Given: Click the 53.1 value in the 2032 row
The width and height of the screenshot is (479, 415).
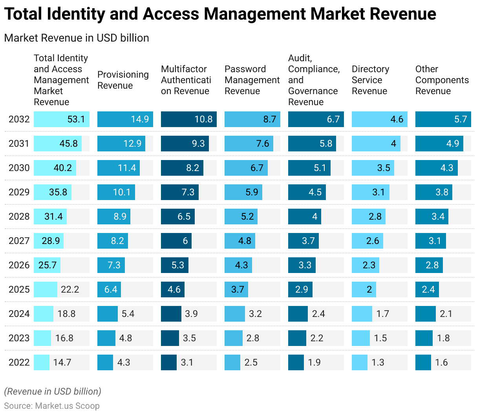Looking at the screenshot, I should click(76, 119).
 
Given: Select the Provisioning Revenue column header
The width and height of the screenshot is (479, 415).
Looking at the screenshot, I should click(123, 80).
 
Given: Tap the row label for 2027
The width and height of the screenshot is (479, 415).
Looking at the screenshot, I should click(19, 241).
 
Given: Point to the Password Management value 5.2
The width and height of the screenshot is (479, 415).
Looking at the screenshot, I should click(247, 217).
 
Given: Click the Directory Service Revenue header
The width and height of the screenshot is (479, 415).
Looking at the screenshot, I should click(370, 80).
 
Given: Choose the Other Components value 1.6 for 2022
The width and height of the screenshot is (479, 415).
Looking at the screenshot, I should click(441, 362).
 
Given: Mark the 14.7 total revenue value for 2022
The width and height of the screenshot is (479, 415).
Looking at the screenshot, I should click(62, 362).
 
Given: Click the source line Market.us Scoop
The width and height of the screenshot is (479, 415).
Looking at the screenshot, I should click(52, 406).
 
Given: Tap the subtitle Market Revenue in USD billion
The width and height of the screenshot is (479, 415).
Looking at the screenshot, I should click(77, 38).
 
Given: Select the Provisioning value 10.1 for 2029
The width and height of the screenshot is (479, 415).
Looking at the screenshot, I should click(122, 192).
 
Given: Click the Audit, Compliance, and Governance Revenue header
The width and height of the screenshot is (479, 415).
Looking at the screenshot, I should click(313, 80).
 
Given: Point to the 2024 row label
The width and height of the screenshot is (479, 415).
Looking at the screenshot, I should click(19, 314).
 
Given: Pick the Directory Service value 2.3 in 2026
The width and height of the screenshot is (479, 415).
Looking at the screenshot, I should click(369, 265).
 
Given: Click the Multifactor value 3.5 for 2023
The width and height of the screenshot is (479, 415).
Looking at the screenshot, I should click(189, 338).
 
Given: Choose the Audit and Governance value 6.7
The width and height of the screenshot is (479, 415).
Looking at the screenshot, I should click(333, 119).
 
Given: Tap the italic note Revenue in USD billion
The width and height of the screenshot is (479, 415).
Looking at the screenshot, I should click(53, 391).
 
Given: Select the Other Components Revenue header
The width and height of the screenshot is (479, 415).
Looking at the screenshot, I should click(442, 80).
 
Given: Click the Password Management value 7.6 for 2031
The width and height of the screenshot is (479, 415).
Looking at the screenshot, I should click(262, 144).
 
